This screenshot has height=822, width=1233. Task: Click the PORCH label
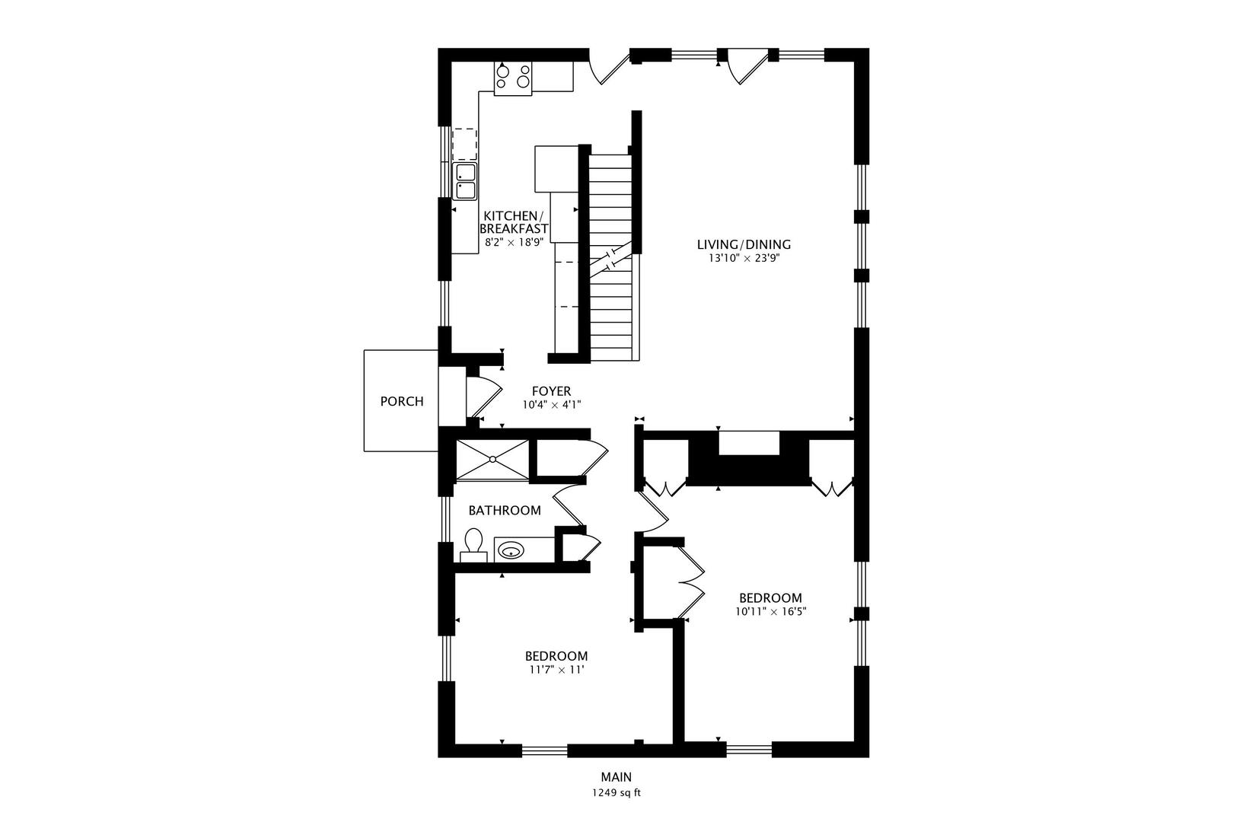click(x=402, y=401)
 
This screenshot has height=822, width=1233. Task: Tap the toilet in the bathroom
click(x=473, y=545)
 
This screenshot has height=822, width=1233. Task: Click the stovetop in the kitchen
click(x=513, y=78)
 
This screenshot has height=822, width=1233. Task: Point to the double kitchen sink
click(x=464, y=181)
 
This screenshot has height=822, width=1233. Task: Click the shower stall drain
click(x=492, y=459)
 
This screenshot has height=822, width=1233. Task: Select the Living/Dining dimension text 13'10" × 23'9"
click(x=744, y=258)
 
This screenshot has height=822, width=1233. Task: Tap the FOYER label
click(x=551, y=391)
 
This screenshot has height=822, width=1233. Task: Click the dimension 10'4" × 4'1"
click(x=552, y=405)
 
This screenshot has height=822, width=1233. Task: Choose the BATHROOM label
click(x=505, y=511)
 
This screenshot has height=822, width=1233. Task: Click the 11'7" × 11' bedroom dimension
click(x=556, y=670)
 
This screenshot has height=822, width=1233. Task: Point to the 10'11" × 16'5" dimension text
click(x=770, y=611)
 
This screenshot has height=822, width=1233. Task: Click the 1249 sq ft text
click(x=616, y=793)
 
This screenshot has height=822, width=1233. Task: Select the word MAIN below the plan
click(x=616, y=777)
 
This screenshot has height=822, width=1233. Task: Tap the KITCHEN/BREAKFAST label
click(x=514, y=222)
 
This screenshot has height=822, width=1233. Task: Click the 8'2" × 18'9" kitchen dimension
click(x=514, y=242)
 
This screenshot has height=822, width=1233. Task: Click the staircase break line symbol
click(x=611, y=260)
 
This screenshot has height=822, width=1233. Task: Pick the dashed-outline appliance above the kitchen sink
click(x=464, y=145)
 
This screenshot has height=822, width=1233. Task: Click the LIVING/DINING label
click(x=744, y=244)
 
